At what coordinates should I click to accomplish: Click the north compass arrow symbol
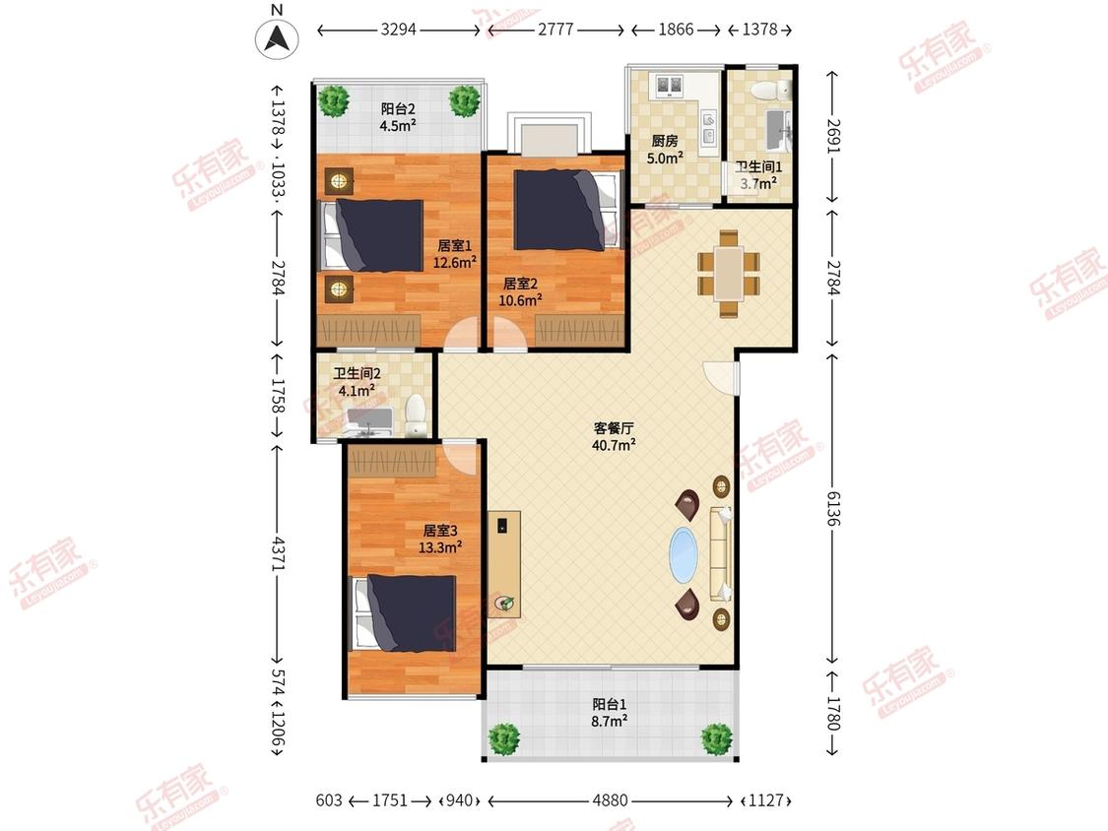pos(277,38)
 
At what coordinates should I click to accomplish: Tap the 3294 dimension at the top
pos(399,30)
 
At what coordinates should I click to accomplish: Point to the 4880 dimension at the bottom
pos(610,800)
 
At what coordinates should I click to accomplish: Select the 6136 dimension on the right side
pos(834,508)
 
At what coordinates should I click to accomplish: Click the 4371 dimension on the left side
pos(279,554)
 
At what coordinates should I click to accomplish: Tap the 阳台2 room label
pos(398,109)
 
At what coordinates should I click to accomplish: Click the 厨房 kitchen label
pos(664,142)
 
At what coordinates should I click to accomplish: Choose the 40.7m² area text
pos(614,445)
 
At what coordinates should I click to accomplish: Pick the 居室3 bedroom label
pos(440,531)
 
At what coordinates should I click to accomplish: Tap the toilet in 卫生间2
pos(416,415)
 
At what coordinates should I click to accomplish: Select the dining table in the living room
pos(729,273)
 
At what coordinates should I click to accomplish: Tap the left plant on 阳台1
pos(504,739)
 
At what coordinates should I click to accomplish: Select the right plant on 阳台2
pos(465,101)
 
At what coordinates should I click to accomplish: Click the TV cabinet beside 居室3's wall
pos(504,564)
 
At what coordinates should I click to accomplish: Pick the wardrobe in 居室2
pos(579,331)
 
